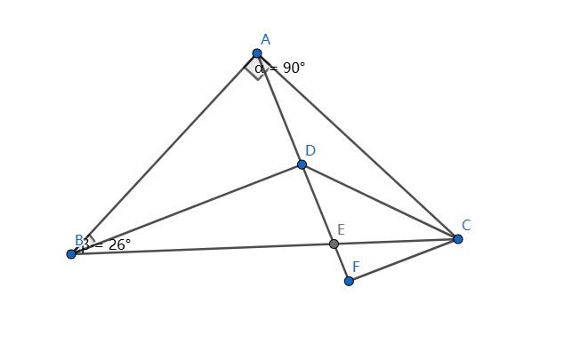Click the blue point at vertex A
pyautogui.click(x=257, y=53)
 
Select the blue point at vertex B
pyautogui.click(x=71, y=254)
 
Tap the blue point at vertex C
pyautogui.click(x=458, y=239)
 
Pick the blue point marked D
pyautogui.click(x=302, y=164)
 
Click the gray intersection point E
pyautogui.click(x=334, y=244)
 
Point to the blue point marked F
pyautogui.click(x=349, y=281)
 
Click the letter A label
pyautogui.click(x=265, y=39)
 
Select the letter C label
pyautogui.click(x=466, y=225)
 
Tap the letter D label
pyautogui.click(x=310, y=150)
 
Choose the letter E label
pyautogui.click(x=341, y=229)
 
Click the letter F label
pyautogui.click(x=356, y=267)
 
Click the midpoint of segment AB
pyautogui.click(x=165, y=154)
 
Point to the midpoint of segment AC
pyautogui.click(x=358, y=147)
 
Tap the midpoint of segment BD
pyautogui.click(x=187, y=210)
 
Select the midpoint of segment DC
pyautogui.click(x=380, y=202)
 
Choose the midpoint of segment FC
pyautogui.click(x=404, y=260)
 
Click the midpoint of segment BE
pyautogui.click(x=203, y=249)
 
